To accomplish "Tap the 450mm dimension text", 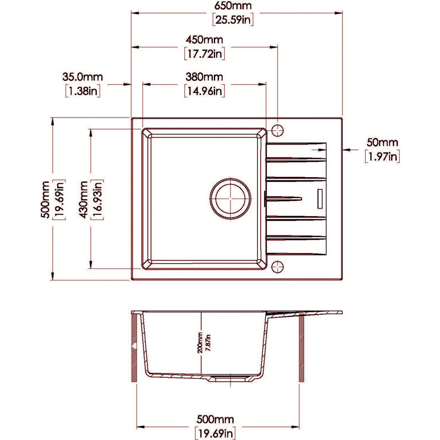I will [204, 40].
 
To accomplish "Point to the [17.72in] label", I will [204, 54].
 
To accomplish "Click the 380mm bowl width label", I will [204, 76].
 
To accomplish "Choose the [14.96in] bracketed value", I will [204, 91].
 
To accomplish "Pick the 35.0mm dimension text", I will [83, 76].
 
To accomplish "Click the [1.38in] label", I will [83, 91].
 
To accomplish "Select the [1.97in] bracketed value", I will [382, 157].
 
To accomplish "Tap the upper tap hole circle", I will [278, 130].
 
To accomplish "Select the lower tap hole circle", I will [278, 266].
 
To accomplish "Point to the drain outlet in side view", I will [227, 378].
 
